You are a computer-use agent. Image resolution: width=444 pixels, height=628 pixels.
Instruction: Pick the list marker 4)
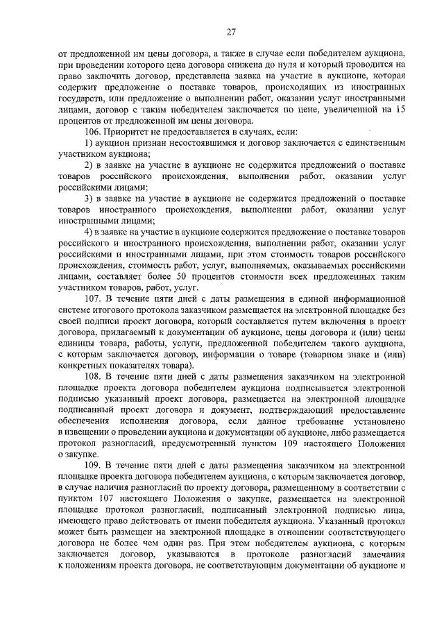[x=88, y=231]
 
